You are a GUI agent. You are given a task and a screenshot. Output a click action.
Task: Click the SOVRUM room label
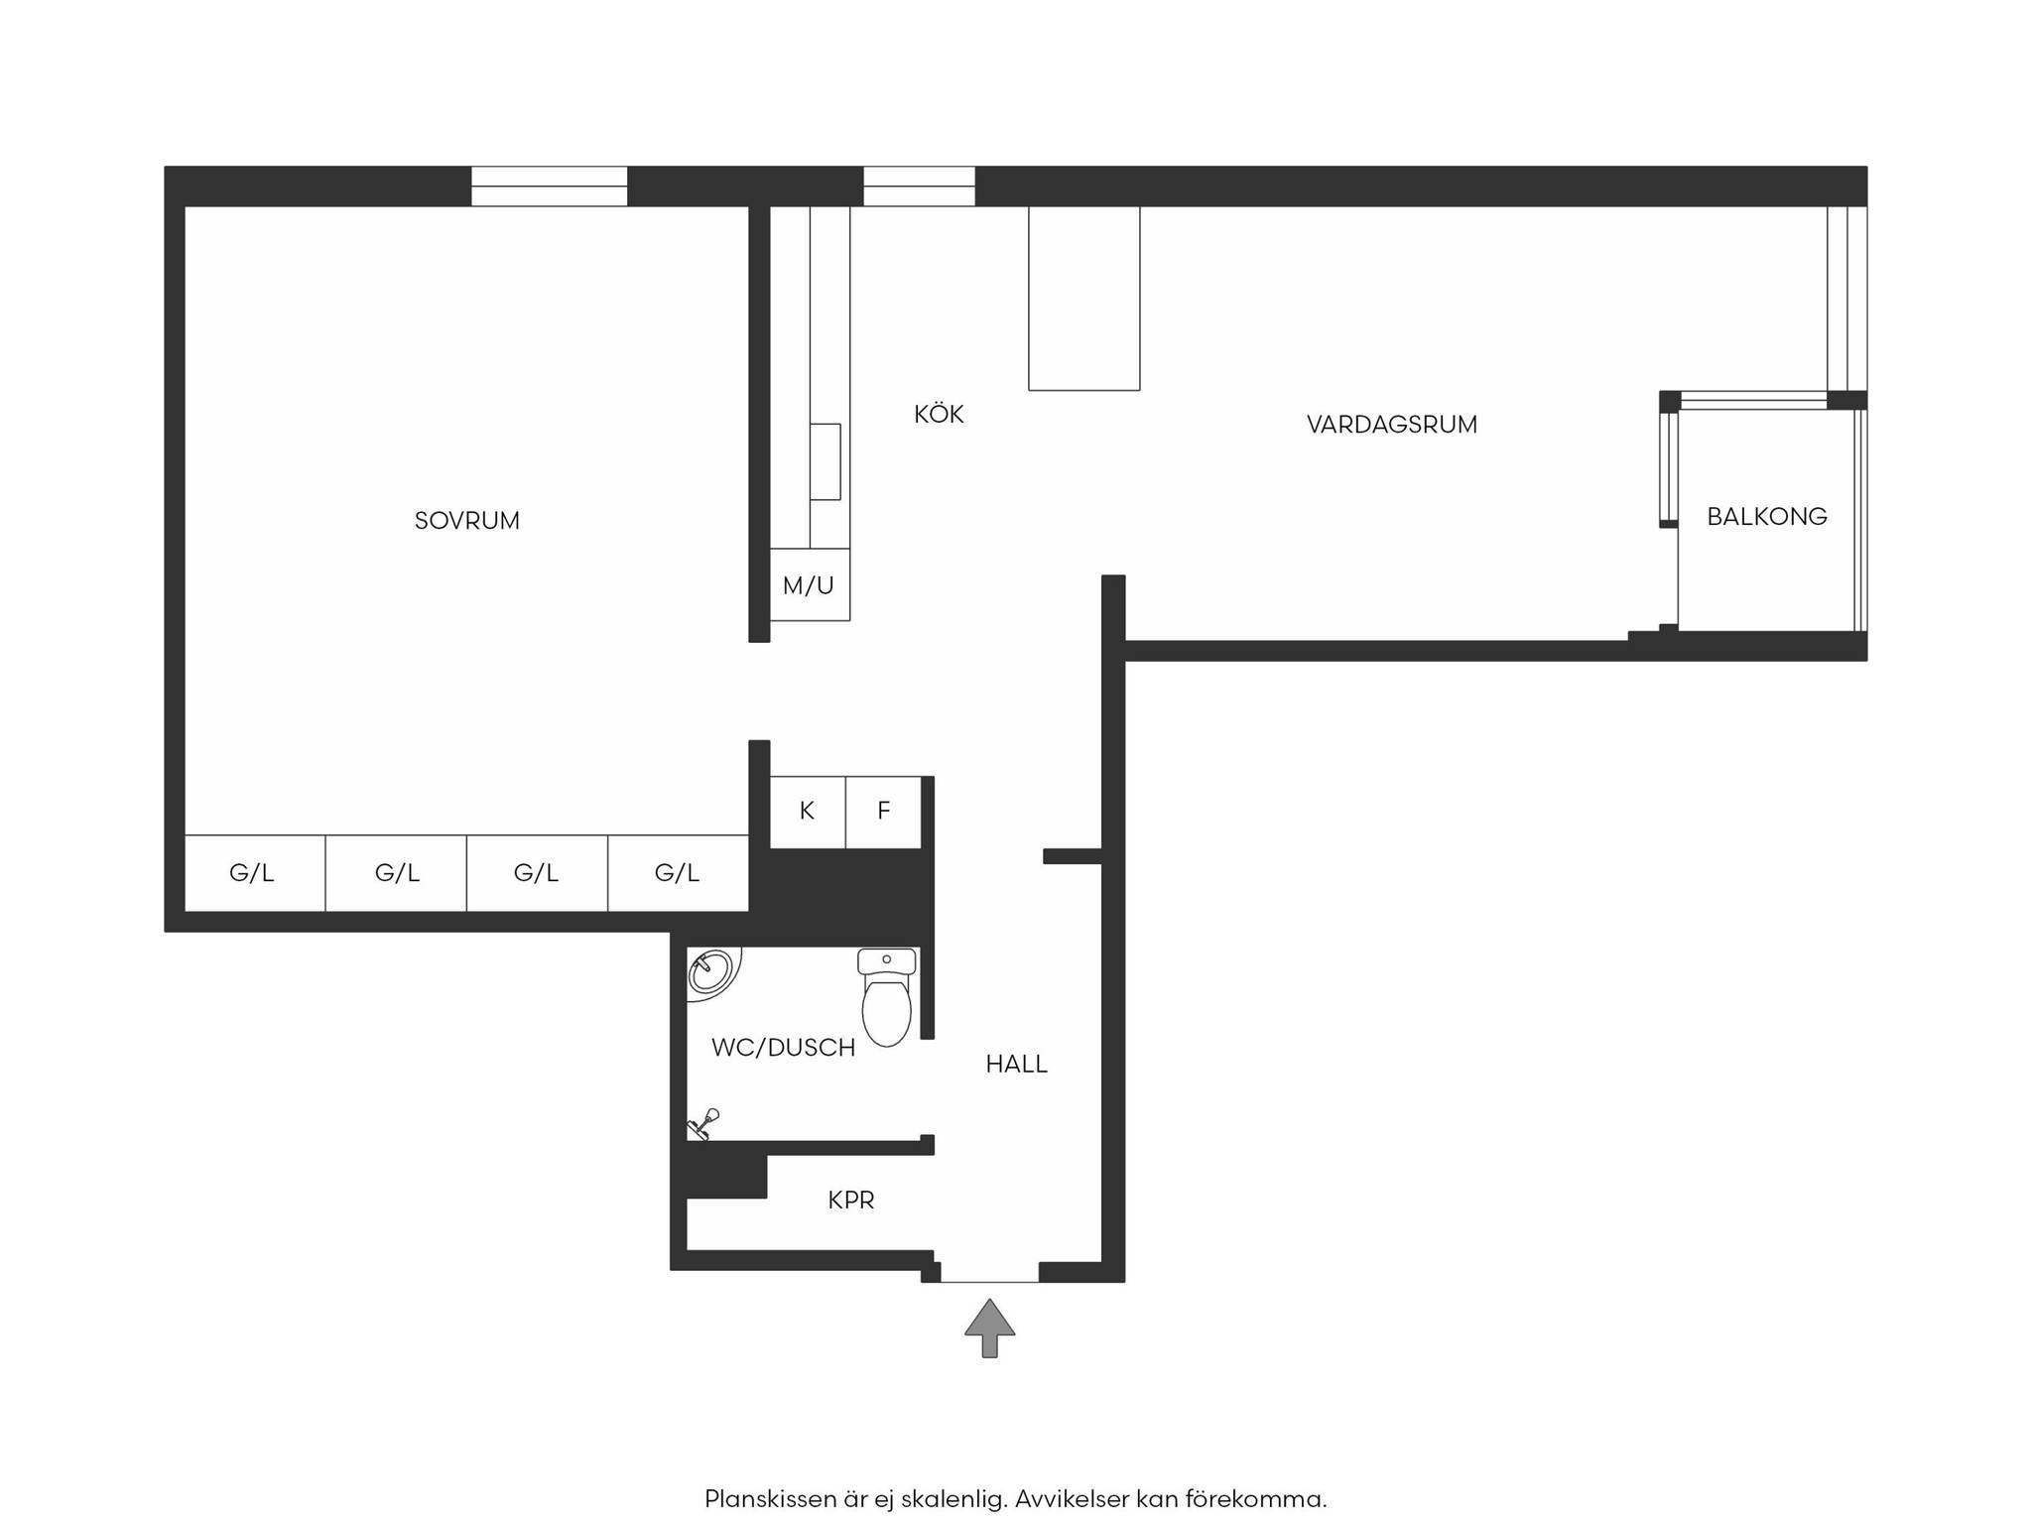(466, 521)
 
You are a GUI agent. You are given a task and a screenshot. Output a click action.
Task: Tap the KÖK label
(939, 414)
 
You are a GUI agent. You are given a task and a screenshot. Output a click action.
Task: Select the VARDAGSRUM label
(1392, 425)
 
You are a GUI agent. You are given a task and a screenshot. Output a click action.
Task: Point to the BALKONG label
(1767, 516)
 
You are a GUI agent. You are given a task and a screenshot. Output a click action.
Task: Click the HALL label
(1016, 1065)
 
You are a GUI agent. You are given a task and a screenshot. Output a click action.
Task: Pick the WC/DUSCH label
(783, 1048)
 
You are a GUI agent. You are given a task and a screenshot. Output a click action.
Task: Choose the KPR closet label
(851, 1201)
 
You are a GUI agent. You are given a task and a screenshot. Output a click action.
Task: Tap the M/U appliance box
(810, 584)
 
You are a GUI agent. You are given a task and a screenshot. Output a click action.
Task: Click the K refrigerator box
(808, 812)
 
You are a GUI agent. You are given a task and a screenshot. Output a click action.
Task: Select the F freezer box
(884, 812)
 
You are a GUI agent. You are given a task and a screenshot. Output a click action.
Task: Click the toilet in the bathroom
(887, 996)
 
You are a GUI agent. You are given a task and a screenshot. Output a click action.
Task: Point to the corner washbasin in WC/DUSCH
(710, 972)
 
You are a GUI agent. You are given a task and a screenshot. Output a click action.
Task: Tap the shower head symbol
(703, 1124)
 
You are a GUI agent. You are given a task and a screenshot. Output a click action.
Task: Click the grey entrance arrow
(989, 1328)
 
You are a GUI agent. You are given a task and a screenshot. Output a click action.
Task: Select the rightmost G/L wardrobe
(678, 873)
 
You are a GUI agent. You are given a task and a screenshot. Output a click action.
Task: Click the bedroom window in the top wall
(549, 187)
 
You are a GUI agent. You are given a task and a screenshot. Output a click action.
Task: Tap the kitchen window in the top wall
(919, 187)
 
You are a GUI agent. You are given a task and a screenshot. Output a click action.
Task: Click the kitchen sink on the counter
(825, 461)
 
